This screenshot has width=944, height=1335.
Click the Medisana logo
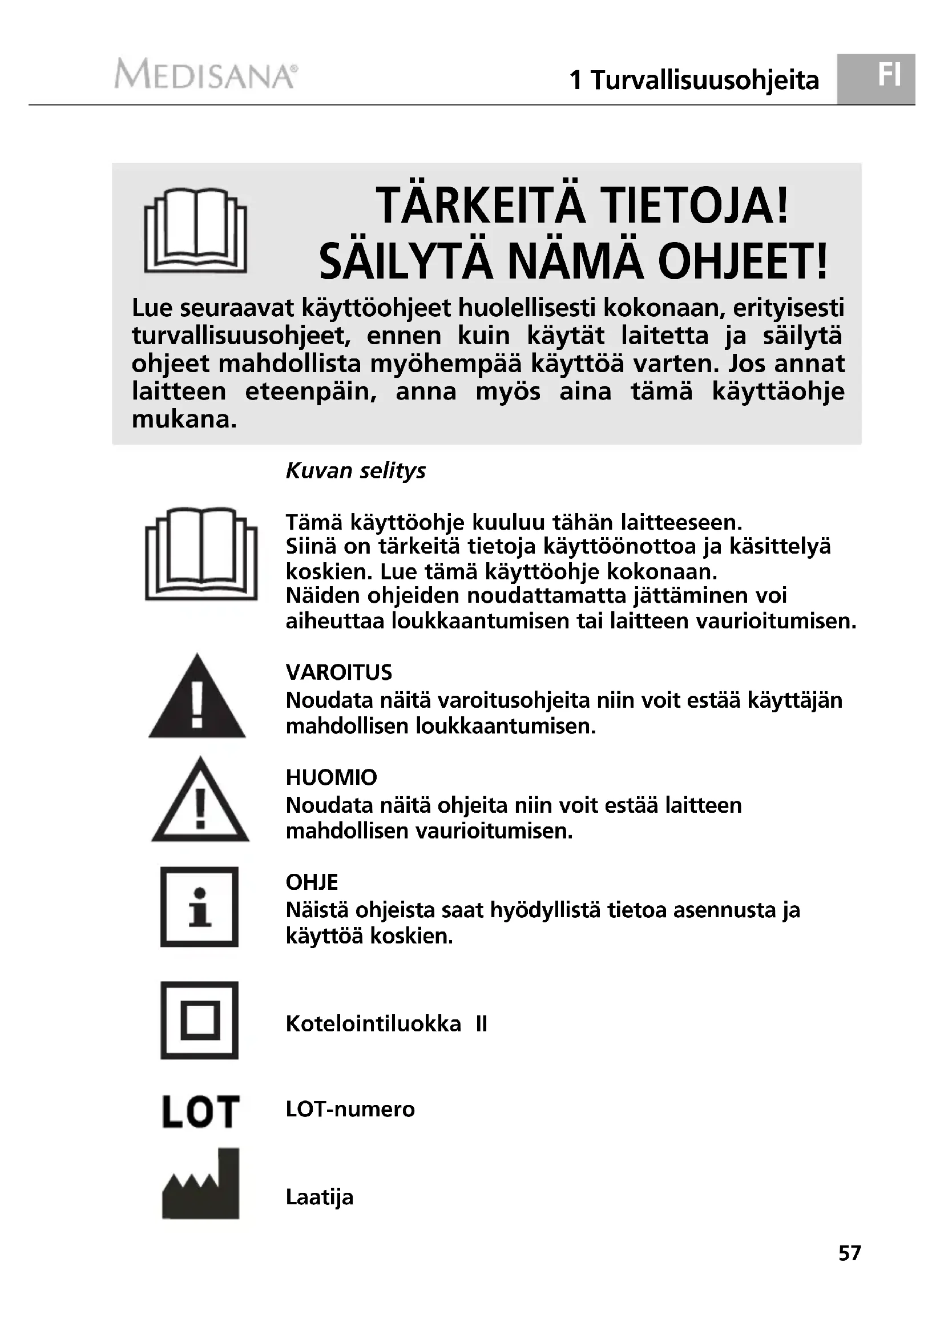pyautogui.click(x=207, y=74)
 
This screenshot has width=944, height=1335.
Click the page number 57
pyautogui.click(x=849, y=1269)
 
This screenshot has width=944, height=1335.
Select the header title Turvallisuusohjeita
pyautogui.click(x=704, y=80)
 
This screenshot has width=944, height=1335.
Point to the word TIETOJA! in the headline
pyautogui.click(x=695, y=207)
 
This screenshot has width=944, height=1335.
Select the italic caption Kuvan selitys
pyautogui.click(x=355, y=470)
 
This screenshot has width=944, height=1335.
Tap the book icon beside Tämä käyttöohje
pyautogui.click(x=201, y=554)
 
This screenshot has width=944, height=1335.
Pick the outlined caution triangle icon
pyautogui.click(x=200, y=801)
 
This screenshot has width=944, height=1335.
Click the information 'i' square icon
pyautogui.click(x=199, y=906)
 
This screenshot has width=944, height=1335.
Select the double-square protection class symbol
pyautogui.click(x=199, y=1021)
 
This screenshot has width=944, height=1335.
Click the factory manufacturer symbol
pyautogui.click(x=200, y=1184)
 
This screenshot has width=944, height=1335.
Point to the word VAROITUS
pyautogui.click(x=339, y=672)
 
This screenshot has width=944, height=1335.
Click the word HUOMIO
pyautogui.click(x=332, y=777)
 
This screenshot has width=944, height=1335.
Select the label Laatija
pyautogui.click(x=319, y=1197)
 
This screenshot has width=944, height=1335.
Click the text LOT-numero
pyautogui.click(x=350, y=1110)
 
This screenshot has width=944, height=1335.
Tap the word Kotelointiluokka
pyautogui.click(x=373, y=1024)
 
